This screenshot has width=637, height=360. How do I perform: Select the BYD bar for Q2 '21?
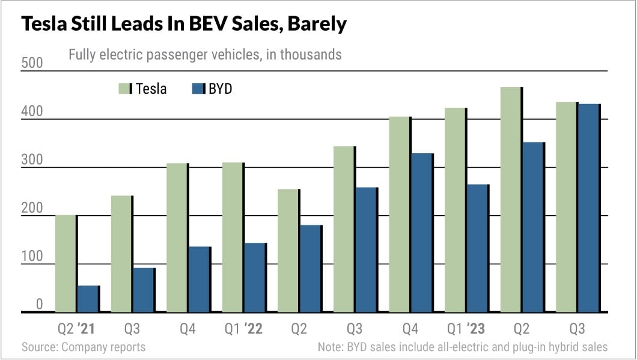[x=88, y=299]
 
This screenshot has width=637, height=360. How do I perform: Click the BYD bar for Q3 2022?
[x=367, y=249]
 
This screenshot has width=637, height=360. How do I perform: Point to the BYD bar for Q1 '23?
[x=478, y=248]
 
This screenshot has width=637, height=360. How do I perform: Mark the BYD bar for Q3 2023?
[x=589, y=208]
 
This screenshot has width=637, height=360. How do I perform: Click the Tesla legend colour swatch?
[x=124, y=89]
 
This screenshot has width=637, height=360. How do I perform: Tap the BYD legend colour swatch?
[x=198, y=89]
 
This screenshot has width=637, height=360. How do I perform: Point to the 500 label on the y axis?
[x=31, y=63]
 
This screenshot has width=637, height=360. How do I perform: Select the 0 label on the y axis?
[x=38, y=305]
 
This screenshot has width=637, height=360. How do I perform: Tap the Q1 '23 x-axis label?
[x=467, y=329]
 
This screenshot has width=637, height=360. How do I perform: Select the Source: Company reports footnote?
[x=84, y=347]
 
